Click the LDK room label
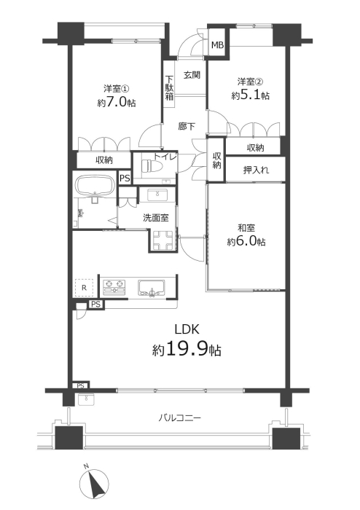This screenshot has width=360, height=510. point(187,329)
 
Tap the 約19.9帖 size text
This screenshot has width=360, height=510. point(187,350)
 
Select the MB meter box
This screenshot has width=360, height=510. point(218,44)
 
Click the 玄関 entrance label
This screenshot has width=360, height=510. point(192,75)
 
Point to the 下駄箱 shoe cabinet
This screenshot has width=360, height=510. point(169,87)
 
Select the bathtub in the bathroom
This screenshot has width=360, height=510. point(94,186)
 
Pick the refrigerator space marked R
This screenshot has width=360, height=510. point(85,288)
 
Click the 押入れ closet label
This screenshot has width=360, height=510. point(257,170)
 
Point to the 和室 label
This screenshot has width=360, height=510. point(246,227)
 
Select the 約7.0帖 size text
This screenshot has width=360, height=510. point(117,103)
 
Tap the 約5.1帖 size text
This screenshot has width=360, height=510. point(250,95)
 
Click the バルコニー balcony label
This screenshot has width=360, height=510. point(179,417)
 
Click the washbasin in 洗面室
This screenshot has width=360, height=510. point(157,195)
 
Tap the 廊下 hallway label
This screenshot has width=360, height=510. point(187,126)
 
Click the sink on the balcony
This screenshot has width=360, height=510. point(86,399)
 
